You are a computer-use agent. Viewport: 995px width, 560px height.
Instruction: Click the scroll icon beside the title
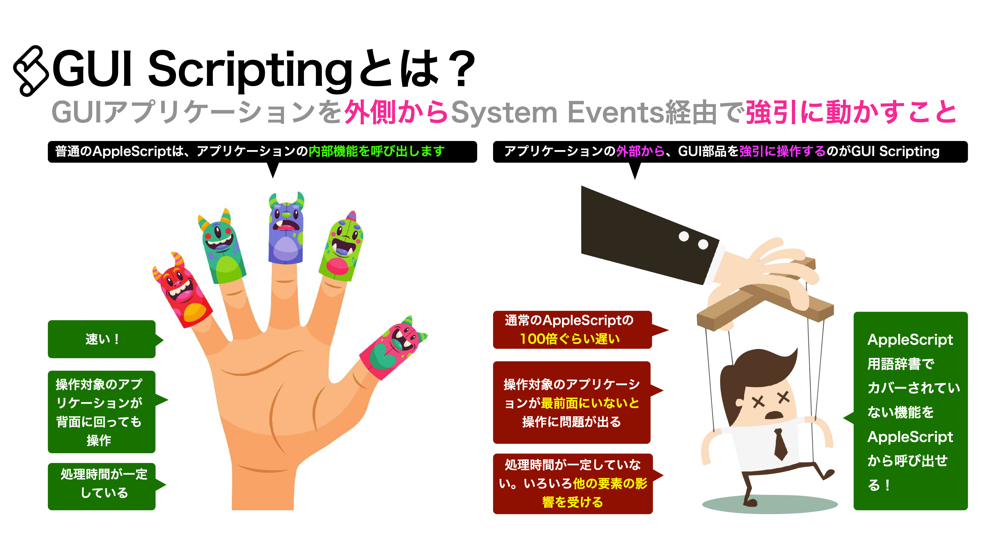pos(31,71)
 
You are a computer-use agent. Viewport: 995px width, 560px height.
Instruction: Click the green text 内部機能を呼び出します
pos(376,151)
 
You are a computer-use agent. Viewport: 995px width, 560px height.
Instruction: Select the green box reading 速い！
pos(102,339)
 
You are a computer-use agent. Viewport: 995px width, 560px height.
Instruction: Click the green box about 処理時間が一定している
pos(102,486)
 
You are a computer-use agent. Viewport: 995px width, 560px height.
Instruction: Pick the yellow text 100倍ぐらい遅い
pos(570,339)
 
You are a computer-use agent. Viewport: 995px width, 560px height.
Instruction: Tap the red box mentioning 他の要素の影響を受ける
pos(572,484)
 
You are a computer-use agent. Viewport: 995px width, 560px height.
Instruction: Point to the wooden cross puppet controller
pos(765,302)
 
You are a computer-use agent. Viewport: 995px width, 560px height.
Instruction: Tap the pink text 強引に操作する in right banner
pos(782,151)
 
